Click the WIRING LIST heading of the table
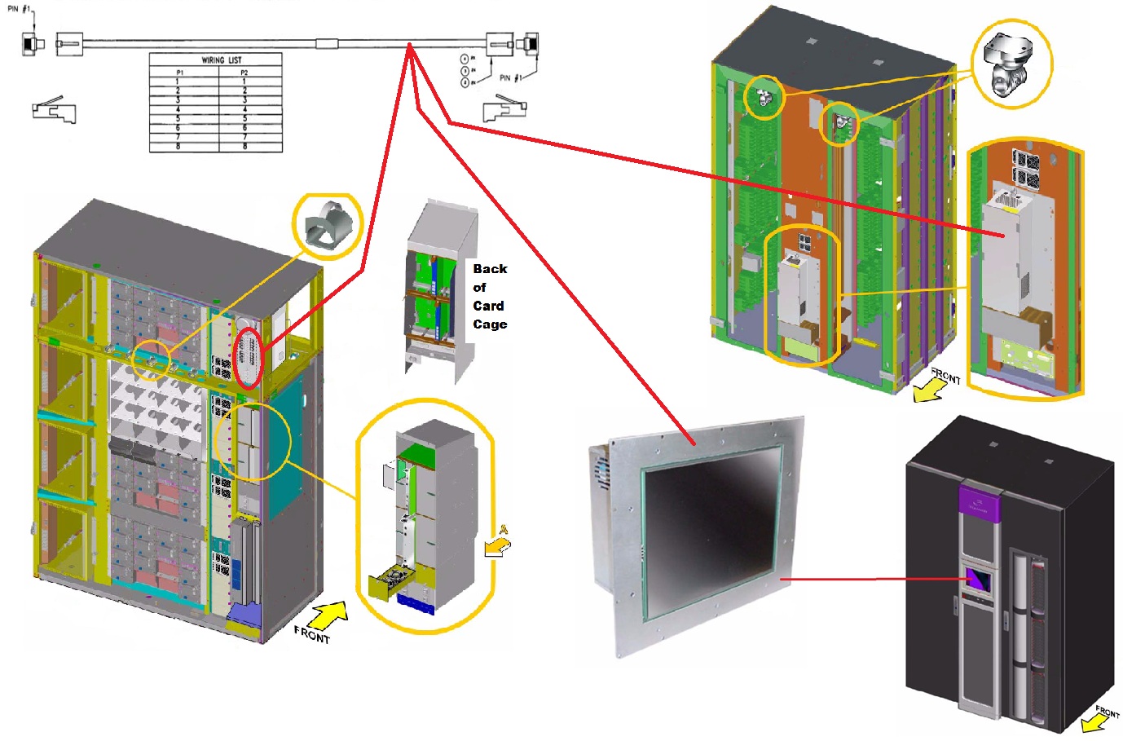(x=222, y=60)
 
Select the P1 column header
(x=180, y=73)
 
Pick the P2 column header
(x=244, y=73)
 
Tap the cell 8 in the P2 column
(x=244, y=147)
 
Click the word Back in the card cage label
(x=490, y=269)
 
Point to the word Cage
(x=490, y=324)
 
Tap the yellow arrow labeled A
(x=497, y=545)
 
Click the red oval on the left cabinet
(x=248, y=359)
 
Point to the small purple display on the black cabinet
(x=979, y=580)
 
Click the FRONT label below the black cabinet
(x=1107, y=712)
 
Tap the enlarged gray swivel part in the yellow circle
(x=1008, y=64)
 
